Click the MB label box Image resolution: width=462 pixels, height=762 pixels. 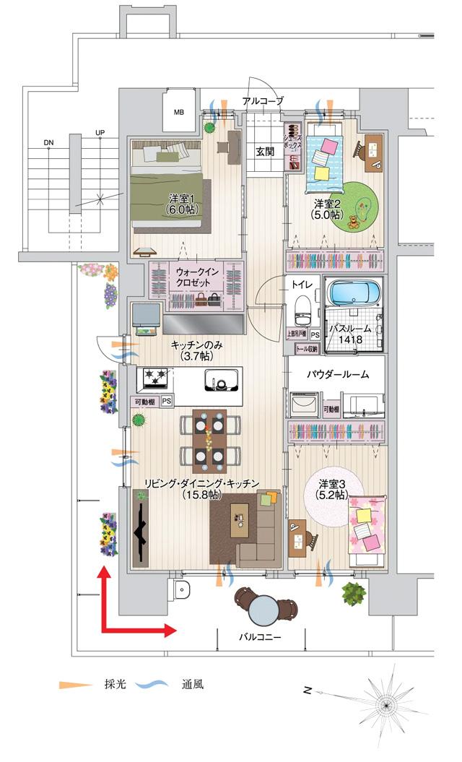178,112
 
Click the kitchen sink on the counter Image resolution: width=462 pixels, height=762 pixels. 222,379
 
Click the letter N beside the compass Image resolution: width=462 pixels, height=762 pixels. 308,691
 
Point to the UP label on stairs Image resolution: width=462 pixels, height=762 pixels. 99,133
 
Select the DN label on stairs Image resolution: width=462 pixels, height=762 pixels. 48,142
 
